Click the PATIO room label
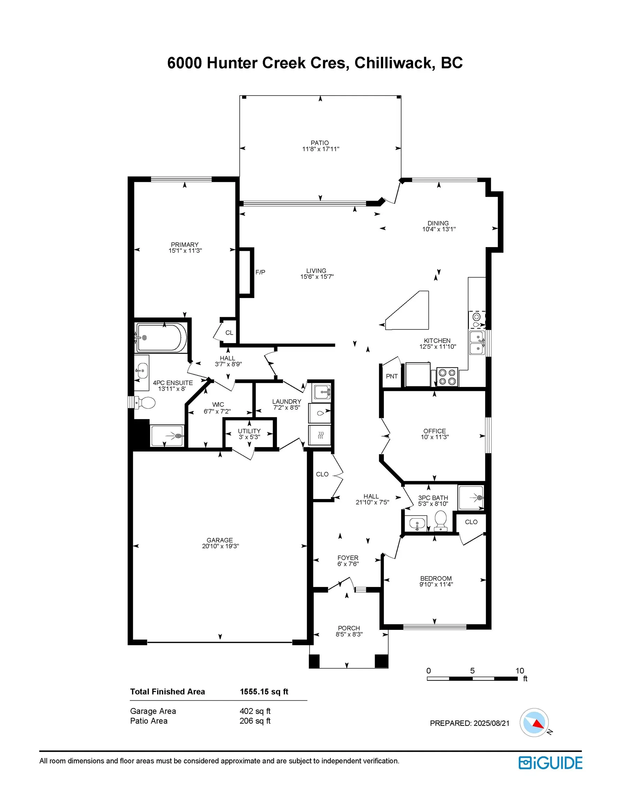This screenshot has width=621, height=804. coord(319,143)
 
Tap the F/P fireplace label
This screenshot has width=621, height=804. coord(260,273)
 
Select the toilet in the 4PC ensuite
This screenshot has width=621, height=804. coord(145,402)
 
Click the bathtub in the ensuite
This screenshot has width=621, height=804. coord(160,337)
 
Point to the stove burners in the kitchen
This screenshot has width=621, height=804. coord(447,377)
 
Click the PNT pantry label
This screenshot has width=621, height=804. coord(391,376)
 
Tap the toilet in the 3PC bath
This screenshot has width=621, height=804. coord(440,520)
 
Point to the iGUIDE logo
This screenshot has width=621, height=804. coord(550,763)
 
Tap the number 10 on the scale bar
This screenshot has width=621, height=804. coord(519,671)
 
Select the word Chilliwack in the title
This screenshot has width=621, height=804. coord(392,63)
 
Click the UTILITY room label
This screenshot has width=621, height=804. coord(249,431)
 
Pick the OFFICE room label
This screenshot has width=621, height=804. coord(434,431)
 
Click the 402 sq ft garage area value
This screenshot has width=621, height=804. coord(255,711)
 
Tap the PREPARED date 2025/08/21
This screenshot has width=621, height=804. coord(491,723)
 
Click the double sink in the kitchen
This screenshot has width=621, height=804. coord(477,342)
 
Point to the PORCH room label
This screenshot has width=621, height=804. coord(349,628)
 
